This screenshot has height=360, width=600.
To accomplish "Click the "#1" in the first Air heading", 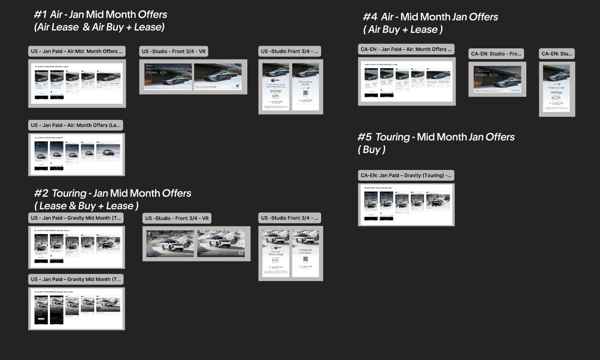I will pos(40,14).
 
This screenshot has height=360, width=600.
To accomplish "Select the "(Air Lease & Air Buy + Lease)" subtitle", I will pos(99,27).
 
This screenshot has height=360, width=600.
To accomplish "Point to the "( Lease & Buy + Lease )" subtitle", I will pos(87,206).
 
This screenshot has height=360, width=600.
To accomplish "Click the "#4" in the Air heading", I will pos(370,17).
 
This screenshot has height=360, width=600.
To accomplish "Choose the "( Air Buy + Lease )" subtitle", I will pos(403,30).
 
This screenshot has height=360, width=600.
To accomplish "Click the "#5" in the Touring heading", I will pos(364,137).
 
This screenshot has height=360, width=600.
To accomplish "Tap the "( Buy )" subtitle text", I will pos(372,150).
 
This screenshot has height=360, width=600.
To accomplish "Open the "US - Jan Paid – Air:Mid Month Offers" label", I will pos(77,51).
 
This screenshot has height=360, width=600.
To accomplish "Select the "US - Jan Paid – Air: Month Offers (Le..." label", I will pos(75,125).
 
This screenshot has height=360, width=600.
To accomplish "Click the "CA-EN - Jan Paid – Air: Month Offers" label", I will pos(406,49).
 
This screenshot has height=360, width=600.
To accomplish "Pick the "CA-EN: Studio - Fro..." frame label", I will pos(496,54).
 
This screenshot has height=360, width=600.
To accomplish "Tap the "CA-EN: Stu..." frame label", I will pos(557,54).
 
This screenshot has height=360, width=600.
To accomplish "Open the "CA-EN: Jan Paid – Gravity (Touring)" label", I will pos(406,175).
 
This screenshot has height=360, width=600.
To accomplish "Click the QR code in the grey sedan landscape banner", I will pos(238,86).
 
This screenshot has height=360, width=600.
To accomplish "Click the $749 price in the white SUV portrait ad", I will pos(275,261).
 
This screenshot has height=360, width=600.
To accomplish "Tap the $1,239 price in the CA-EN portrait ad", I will pos(556,98).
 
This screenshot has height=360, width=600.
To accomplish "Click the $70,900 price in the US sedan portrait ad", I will pos(275,91).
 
